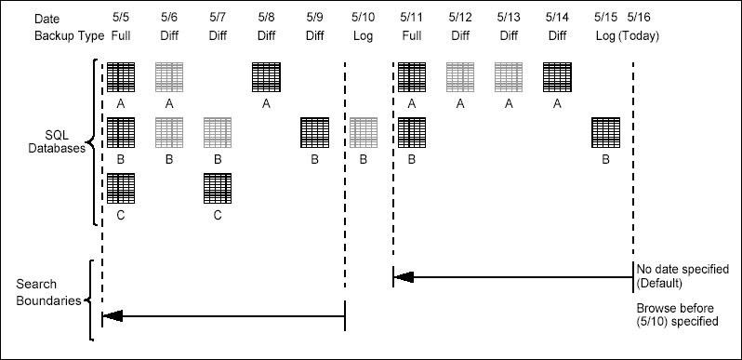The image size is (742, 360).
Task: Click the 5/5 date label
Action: (120, 18)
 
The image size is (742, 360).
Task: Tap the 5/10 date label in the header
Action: (364, 18)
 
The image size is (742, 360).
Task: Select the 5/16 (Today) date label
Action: (639, 18)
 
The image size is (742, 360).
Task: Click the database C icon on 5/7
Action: (218, 189)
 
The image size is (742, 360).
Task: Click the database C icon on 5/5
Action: (121, 189)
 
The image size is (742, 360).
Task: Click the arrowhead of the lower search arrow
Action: (112, 316)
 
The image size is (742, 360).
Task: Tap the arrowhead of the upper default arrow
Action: (402, 276)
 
